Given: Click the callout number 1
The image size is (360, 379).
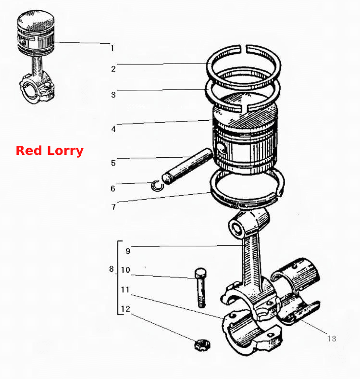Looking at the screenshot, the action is coord(112,48).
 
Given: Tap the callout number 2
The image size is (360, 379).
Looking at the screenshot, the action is coord(113,69).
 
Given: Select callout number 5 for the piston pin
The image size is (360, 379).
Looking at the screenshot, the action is coord(113,163).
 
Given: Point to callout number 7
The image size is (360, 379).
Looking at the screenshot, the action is coord(113,207).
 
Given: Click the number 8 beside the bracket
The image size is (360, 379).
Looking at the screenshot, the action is coord(112,269).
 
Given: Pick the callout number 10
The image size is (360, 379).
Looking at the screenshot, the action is coord(125,270).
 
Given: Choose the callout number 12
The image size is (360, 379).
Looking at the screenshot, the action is coord(125,309).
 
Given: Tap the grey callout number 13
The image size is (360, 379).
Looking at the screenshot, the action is coord(332,339).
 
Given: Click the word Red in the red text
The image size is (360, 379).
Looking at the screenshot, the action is coord(29,151).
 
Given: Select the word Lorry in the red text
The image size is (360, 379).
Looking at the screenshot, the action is coord(65,152).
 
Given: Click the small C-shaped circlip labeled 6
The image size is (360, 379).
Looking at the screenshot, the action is coord(157,186).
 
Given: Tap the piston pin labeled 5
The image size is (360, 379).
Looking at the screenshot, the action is coord(187,166).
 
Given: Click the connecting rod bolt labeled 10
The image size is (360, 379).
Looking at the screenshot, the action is coord(201,288).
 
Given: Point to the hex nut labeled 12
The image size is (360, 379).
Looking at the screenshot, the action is coord(202,345).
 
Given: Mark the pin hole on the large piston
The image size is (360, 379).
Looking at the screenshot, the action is coord(222,148).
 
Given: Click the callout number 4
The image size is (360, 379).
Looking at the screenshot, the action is coord(113,129).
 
